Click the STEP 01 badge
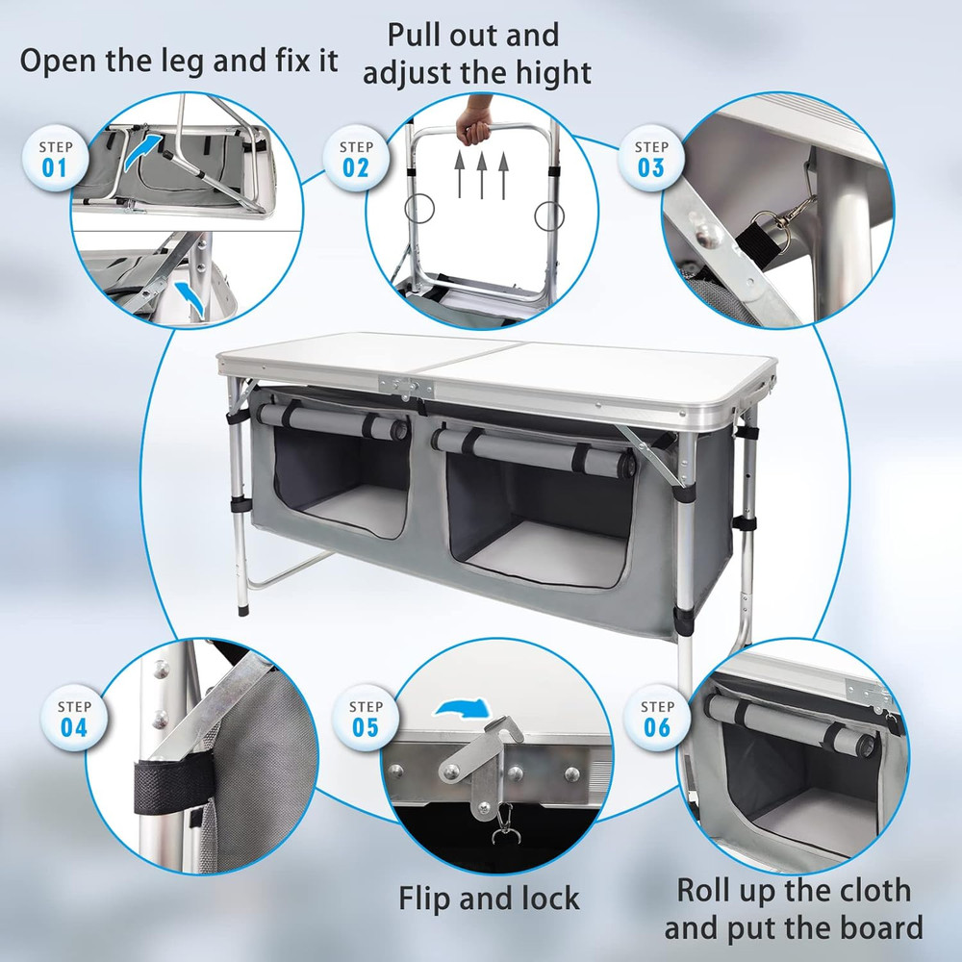coord(54,159)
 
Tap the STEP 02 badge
coord(356,159)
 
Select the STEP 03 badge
coord(651,159)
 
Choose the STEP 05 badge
coord(366,719)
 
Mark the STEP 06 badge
coord(657,719)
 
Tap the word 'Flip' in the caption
coord(431,898)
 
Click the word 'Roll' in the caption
coord(710,890)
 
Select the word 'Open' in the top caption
coord(62,60)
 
